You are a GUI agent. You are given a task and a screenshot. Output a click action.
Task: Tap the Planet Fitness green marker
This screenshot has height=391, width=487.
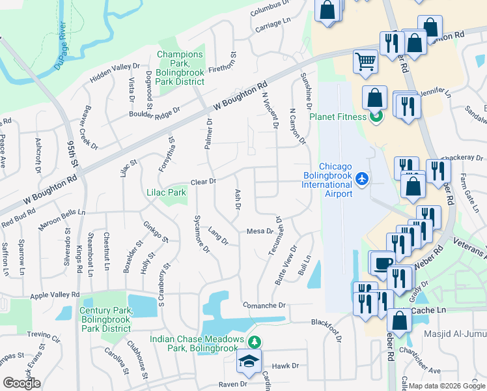(x=376, y=117)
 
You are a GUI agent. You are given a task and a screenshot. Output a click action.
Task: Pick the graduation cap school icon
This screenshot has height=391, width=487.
(x=249, y=363)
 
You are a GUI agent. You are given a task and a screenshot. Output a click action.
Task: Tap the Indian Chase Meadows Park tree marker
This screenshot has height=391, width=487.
(x=255, y=341)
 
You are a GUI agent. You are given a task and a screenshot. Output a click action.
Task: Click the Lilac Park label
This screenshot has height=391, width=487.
(x=167, y=192)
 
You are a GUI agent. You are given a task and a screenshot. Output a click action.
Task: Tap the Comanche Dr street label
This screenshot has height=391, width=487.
(x=264, y=305)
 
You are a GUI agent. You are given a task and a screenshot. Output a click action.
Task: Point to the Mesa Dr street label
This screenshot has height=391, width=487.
(x=260, y=231)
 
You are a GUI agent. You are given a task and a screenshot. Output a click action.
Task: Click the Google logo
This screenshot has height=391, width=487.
(x=21, y=383)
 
